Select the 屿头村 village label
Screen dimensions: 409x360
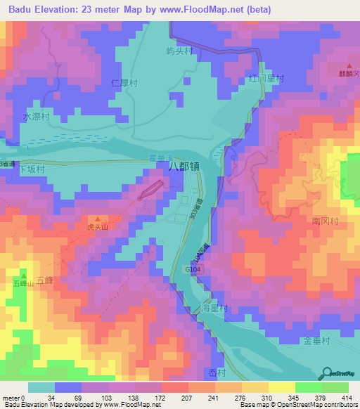[x=179, y=51]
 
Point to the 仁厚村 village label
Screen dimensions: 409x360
[x=123, y=83]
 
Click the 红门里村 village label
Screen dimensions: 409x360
[x=266, y=79]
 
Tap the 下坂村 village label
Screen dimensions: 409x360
[x=31, y=169]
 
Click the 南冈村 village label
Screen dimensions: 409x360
[x=326, y=221]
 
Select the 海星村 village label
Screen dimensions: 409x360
[x=214, y=309]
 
